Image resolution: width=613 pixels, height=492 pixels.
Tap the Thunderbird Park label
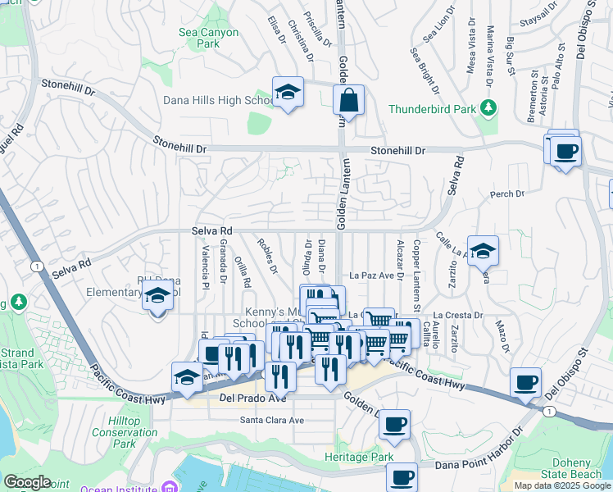(x=433, y=108)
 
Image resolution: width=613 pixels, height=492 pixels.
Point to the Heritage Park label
(x=359, y=457)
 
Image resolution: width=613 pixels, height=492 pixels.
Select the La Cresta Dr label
(x=460, y=314)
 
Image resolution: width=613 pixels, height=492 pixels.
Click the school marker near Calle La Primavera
(x=484, y=251)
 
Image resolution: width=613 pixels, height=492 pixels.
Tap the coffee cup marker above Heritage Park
(x=396, y=424)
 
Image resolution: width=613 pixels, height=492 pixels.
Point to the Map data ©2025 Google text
(x=561, y=485)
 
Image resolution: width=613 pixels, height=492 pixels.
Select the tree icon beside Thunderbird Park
(x=488, y=108)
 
